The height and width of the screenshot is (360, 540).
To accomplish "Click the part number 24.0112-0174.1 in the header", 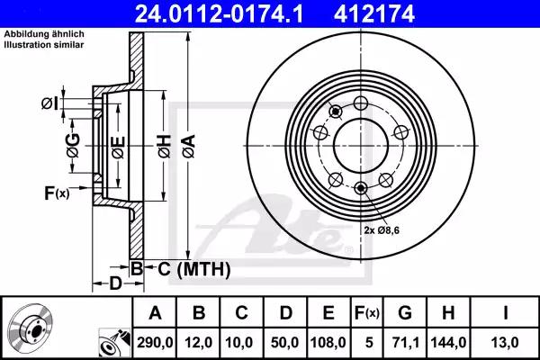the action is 219,13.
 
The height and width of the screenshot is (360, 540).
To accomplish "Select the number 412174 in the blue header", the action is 374,13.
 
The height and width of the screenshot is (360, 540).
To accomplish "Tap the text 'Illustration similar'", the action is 44,44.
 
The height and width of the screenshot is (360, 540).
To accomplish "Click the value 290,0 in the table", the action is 155,342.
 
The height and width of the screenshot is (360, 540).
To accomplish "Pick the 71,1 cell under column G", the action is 405,342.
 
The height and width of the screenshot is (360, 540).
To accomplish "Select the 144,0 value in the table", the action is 448,342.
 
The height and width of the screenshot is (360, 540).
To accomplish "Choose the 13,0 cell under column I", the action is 505,342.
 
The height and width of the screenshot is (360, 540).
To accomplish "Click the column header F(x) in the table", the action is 367,313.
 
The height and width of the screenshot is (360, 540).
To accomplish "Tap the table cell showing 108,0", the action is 328,342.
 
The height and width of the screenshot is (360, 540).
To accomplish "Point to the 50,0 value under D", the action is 284,342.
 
